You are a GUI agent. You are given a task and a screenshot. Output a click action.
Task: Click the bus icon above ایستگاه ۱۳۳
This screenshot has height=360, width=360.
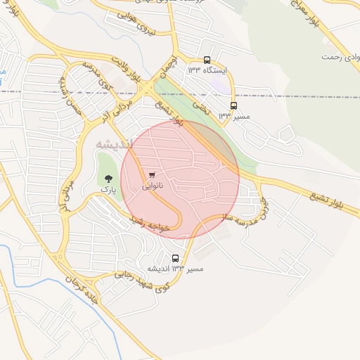(x=207, y=60)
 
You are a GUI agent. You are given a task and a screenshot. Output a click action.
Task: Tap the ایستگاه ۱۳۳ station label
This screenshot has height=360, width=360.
(x=205, y=70)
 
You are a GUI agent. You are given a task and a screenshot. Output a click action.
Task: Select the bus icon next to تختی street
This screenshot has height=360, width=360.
(x=233, y=105)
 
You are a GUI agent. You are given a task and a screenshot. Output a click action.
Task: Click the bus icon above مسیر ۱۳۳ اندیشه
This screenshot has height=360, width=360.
(x=176, y=257)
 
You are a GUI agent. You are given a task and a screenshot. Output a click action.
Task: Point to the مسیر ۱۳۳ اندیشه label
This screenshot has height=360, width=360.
(x=175, y=269)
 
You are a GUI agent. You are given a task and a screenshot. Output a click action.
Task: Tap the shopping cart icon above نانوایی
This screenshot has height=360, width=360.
(x=152, y=175)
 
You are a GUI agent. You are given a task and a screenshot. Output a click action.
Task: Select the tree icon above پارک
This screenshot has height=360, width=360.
(x=108, y=178)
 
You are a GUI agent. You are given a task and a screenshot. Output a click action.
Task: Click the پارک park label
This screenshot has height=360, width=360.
(x=108, y=189)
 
